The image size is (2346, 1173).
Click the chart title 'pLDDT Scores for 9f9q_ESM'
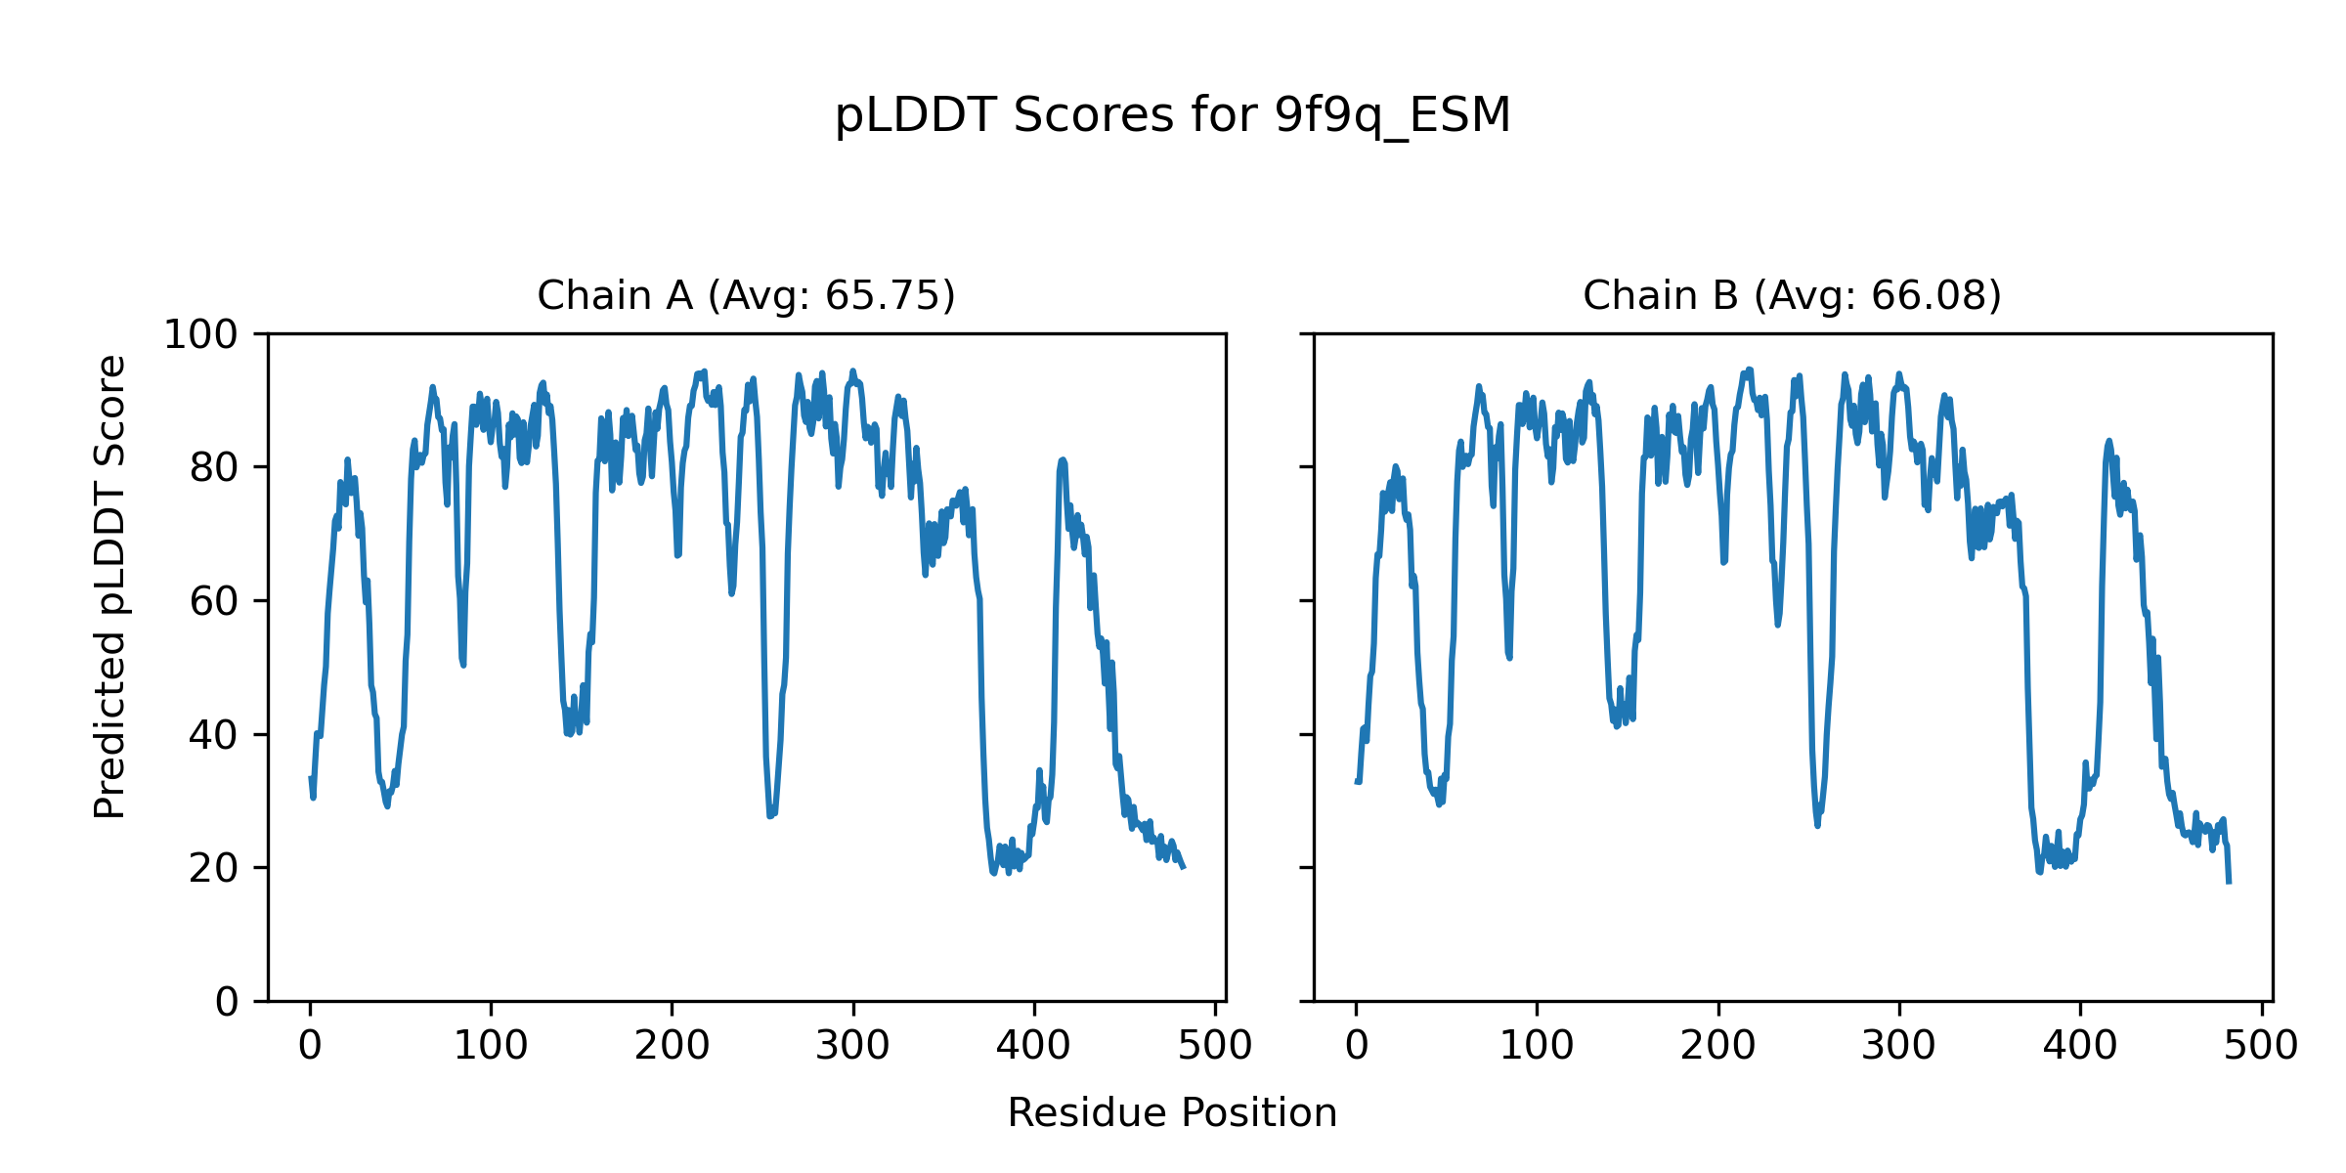click(x=1172, y=116)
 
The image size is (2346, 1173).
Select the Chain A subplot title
click(x=746, y=295)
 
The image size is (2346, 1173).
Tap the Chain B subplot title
click(x=1792, y=295)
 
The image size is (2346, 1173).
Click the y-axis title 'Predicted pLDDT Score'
click(x=109, y=586)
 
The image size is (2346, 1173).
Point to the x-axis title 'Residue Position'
click(x=1172, y=1112)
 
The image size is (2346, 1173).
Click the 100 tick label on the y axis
click(x=200, y=335)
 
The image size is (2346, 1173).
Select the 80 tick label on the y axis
click(x=214, y=468)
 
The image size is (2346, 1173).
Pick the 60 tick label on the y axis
click(x=214, y=601)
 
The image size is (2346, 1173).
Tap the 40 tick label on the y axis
click(x=214, y=735)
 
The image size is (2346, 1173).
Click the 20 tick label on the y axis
click(x=214, y=868)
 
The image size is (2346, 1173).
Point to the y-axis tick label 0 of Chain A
click(x=227, y=1002)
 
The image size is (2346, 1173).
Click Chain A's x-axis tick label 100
click(x=491, y=1046)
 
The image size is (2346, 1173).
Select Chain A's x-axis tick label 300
click(x=853, y=1046)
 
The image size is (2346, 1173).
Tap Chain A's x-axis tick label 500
click(x=1215, y=1046)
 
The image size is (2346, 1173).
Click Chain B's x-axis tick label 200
click(x=1717, y=1046)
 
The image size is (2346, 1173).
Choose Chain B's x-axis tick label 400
click(x=2080, y=1046)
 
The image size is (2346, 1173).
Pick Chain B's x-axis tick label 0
click(x=1356, y=1046)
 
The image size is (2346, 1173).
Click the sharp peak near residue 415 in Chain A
click(x=1063, y=460)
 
